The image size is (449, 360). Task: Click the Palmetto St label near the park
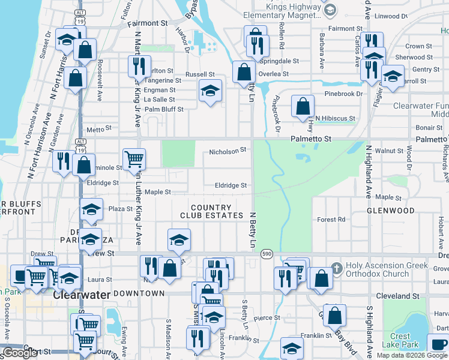tap(311, 139)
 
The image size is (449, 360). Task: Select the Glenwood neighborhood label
tap(391, 211)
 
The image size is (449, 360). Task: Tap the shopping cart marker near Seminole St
tap(133, 159)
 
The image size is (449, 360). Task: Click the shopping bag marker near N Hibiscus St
tap(303, 106)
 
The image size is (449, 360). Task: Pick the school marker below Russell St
tap(209, 91)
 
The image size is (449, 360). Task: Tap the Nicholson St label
tap(228, 150)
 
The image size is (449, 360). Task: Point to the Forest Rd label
tap(331, 220)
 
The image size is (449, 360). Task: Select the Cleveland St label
tap(397, 296)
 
